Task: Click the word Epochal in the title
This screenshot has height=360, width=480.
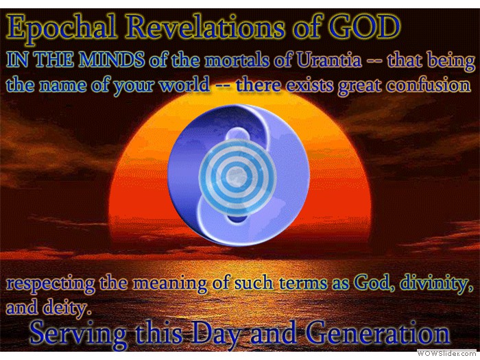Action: coord(62,29)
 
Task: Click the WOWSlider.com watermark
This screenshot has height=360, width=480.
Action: coord(447,354)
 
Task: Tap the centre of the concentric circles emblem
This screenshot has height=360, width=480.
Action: coord(237,177)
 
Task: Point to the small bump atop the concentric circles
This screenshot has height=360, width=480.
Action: coord(237,134)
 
